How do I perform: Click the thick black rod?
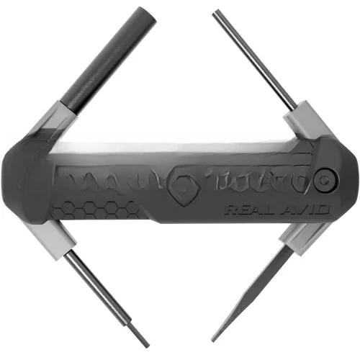pos(109,60)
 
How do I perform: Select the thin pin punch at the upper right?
pos(254,60)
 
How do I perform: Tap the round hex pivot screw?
pos(326,181)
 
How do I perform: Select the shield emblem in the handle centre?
pos(184,185)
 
